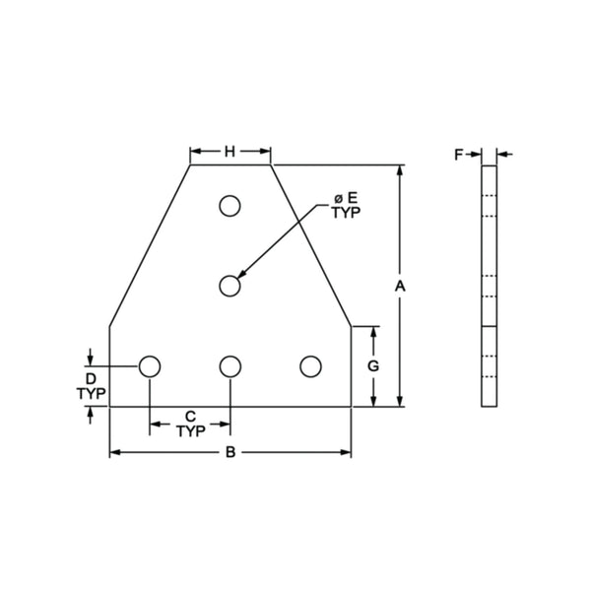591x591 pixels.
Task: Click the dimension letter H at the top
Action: coord(230,152)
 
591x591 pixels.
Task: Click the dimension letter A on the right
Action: coord(399,286)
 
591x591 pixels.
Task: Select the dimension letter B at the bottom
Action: coord(230,453)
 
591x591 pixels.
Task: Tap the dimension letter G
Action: coord(373,365)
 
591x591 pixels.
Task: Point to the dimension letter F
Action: coord(458,154)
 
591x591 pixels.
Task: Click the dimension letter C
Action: coord(189,416)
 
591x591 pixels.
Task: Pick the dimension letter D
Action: coord(90,378)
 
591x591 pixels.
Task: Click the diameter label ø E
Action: coord(346,198)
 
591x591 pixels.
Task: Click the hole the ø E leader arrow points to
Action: coord(230,286)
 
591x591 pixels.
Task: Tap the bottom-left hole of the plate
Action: coord(150,366)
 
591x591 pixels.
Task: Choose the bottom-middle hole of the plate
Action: coord(230,366)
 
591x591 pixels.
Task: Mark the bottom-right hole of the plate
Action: coord(310,366)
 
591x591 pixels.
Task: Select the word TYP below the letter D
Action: coord(90,393)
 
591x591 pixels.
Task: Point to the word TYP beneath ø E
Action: coord(346,213)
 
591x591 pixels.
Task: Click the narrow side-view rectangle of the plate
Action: coord(490,286)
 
